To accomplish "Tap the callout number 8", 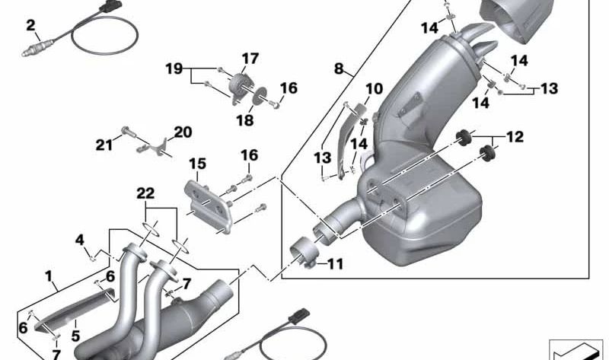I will pyautogui.click(x=339, y=68).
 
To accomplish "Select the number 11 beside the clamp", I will pyautogui.click(x=335, y=264).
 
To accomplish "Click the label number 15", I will pyautogui.click(x=197, y=164).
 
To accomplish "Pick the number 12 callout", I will pyautogui.click(x=515, y=138).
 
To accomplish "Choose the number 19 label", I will pyautogui.click(x=174, y=68).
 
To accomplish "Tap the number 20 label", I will pyautogui.click(x=183, y=132).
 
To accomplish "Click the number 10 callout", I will pyautogui.click(x=373, y=90).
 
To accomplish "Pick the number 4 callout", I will pyautogui.click(x=79, y=242).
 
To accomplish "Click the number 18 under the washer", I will pyautogui.click(x=243, y=119).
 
